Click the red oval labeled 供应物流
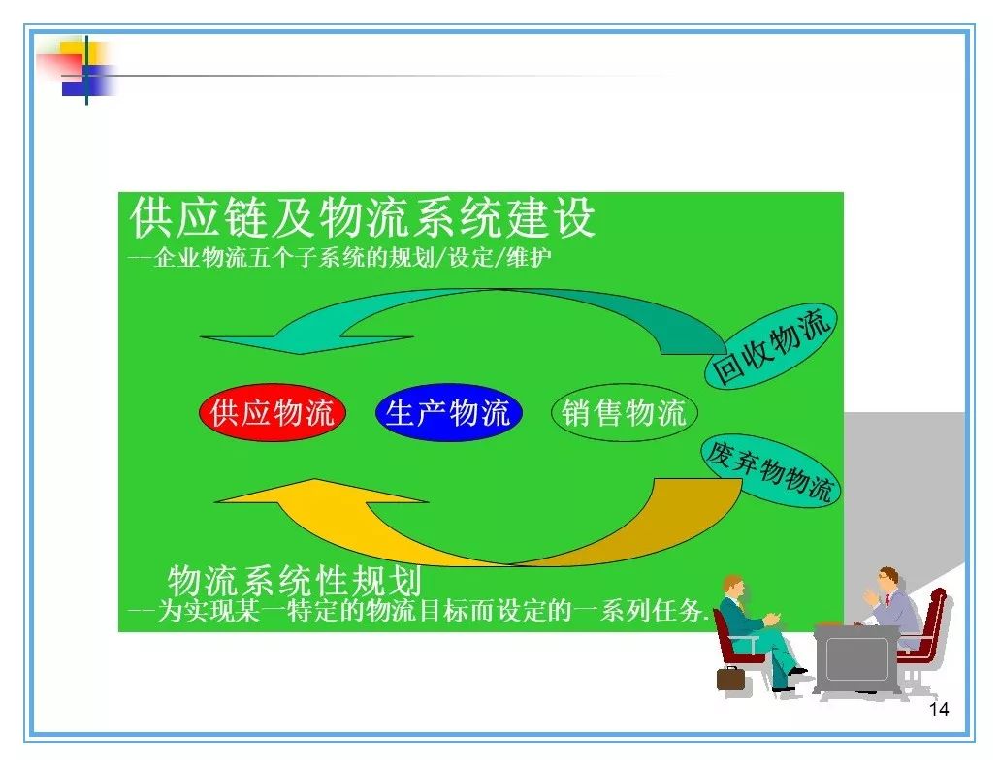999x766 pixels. tap(272, 413)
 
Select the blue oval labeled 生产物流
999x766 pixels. tap(448, 413)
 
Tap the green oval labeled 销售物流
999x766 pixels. tap(625, 413)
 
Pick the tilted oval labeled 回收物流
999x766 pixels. tap(770, 345)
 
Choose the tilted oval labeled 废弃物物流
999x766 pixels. tap(770, 470)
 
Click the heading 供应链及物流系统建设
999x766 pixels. tap(362, 218)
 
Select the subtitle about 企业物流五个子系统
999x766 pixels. tap(339, 257)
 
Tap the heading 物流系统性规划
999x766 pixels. tap(294, 580)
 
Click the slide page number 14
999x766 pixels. tap(939, 710)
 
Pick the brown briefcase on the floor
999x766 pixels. tap(730, 679)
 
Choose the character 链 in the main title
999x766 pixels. tap(246, 218)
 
